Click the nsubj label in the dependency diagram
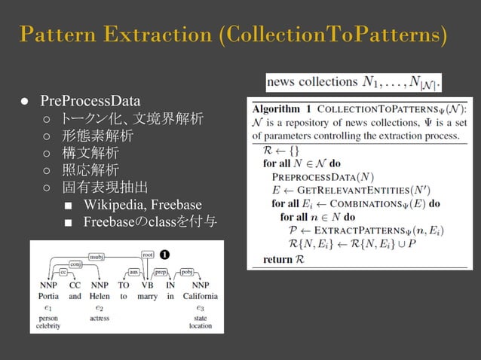pos(97,256)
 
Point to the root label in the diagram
pos(148,255)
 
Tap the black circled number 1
pos(164,255)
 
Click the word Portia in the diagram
pos(48,297)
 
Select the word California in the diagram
pos(199,297)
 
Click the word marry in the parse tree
pos(148,297)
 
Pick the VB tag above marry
pos(148,285)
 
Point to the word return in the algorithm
pos(275,259)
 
